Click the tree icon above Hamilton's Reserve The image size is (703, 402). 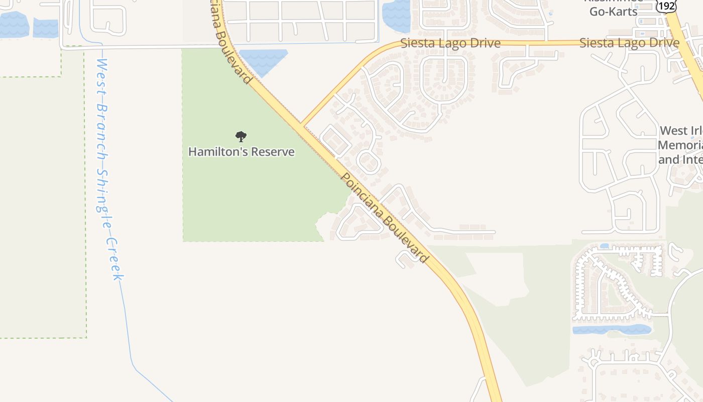[x=241, y=136]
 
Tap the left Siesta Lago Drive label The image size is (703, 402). [x=450, y=43]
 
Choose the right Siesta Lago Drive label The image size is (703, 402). [x=629, y=43]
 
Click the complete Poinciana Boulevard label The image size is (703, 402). [x=384, y=218]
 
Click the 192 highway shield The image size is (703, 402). [x=666, y=6]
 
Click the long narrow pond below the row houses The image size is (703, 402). [x=612, y=330]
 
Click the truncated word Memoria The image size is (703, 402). [x=680, y=145]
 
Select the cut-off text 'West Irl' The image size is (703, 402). [x=680, y=131]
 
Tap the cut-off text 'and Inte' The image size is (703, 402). [x=680, y=160]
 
